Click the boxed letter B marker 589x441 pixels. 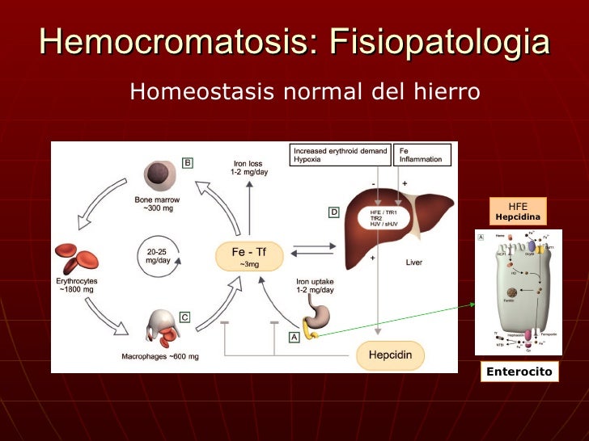pyautogui.click(x=187, y=163)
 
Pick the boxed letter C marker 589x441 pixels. pyautogui.click(x=184, y=317)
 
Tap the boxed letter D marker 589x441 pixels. pyautogui.click(x=333, y=212)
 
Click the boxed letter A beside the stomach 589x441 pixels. pyautogui.click(x=294, y=335)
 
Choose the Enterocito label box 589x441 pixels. pyautogui.click(x=519, y=372)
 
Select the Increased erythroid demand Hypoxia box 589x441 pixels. pyautogui.click(x=339, y=154)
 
